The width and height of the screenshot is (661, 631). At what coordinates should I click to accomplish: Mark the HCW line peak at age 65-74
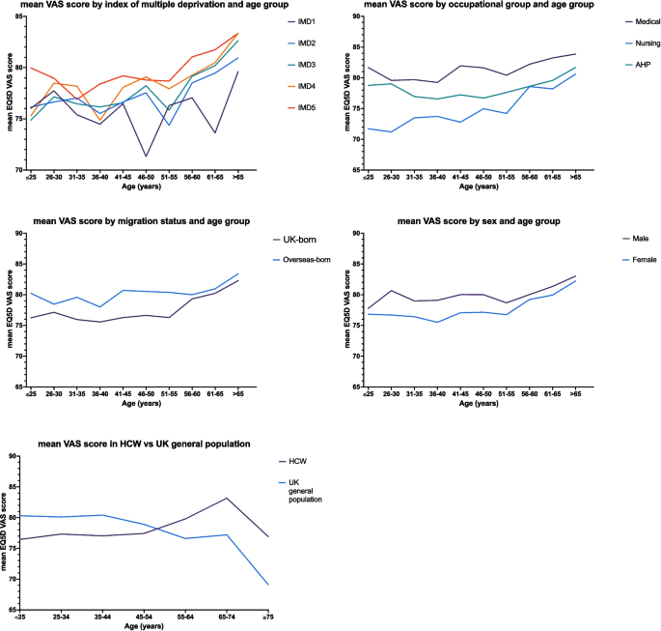pyautogui.click(x=227, y=498)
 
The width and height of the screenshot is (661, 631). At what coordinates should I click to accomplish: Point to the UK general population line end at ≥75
pyautogui.click(x=267, y=585)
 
